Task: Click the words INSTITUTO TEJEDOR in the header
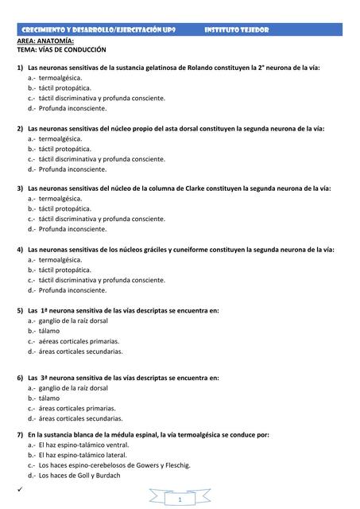click(x=237, y=29)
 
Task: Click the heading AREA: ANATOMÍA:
click(x=45, y=39)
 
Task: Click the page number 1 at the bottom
click(x=181, y=499)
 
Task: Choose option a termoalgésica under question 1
click(x=60, y=78)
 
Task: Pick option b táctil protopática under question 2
click(x=64, y=148)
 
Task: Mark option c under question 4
click(x=102, y=279)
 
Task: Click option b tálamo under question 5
click(x=48, y=330)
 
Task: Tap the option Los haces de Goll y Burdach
click(x=79, y=475)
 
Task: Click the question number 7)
click(x=20, y=434)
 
